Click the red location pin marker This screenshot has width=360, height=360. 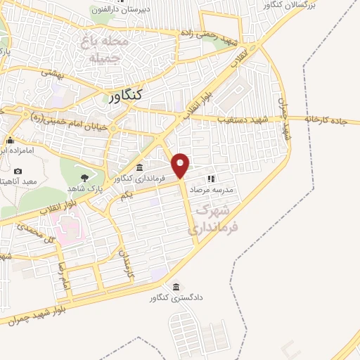(181, 165)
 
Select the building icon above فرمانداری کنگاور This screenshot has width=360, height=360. (139, 167)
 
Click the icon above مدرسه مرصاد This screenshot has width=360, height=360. (209, 178)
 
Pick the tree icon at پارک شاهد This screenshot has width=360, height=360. (85, 177)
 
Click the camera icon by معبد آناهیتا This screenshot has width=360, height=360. (18, 171)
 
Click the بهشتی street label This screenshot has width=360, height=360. (52, 72)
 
